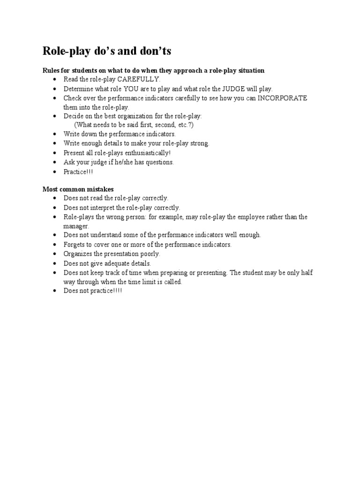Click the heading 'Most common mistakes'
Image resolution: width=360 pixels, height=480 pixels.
(x=78, y=189)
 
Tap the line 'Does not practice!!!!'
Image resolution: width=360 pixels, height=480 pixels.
(x=93, y=291)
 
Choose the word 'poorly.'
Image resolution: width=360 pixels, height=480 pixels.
(x=150, y=254)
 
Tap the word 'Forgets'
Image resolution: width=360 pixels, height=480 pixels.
(x=75, y=244)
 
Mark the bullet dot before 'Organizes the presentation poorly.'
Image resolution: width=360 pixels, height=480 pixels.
(x=55, y=254)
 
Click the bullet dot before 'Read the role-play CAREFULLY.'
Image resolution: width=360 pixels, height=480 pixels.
(x=55, y=79)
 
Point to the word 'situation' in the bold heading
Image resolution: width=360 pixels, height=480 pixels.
(x=250, y=70)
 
